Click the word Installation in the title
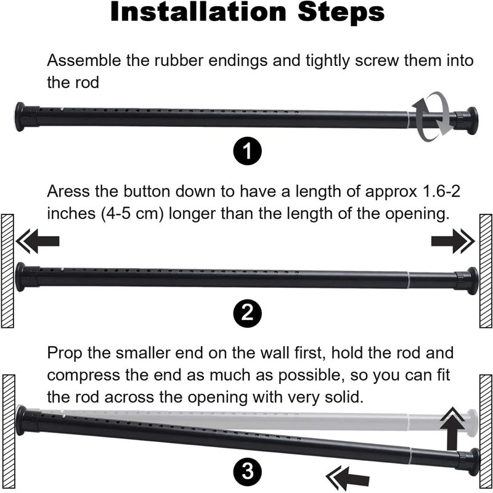198,12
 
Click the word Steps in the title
341,12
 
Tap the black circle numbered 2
248,313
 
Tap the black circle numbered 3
248,471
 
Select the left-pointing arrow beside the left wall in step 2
38,241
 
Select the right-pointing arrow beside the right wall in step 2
453,241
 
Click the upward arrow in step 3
452,428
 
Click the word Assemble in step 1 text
84,60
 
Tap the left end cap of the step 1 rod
20,116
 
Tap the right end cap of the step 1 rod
472,121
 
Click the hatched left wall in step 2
7,271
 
